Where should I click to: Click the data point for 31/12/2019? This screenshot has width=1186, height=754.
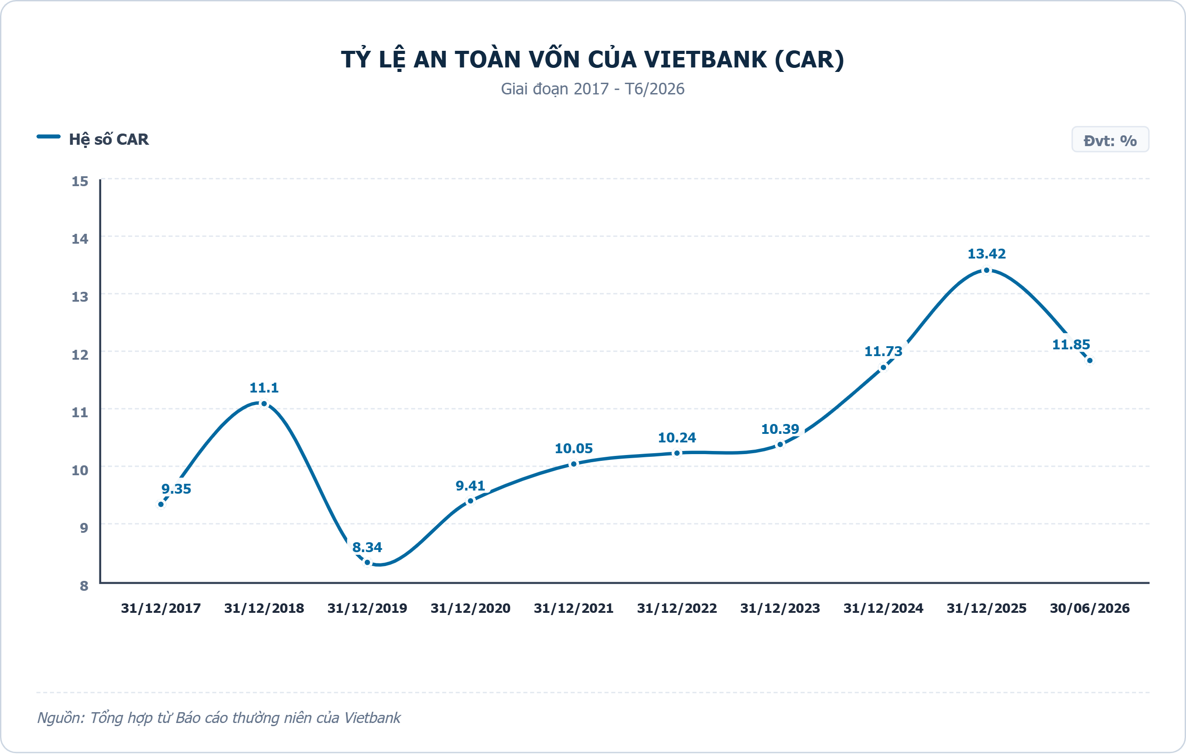[x=367, y=562]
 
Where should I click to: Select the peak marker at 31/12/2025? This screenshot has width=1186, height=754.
[x=986, y=270]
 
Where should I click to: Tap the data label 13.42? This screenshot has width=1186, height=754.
[x=986, y=254]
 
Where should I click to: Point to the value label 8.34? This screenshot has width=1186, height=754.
[x=367, y=547]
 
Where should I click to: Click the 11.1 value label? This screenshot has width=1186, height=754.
[x=264, y=388]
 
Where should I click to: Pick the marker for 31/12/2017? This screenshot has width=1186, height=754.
[x=161, y=504]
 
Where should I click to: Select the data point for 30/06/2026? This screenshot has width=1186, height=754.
[x=1089, y=361]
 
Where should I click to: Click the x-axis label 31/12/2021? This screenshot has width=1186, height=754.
[x=574, y=608]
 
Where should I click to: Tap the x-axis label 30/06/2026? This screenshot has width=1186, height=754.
[x=1089, y=608]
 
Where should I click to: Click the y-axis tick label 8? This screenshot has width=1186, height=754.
[x=84, y=585]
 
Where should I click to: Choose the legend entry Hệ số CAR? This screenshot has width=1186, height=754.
[x=93, y=139]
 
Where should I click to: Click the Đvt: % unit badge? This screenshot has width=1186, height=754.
[x=1110, y=140]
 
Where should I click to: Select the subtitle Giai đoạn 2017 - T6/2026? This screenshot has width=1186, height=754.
[x=592, y=89]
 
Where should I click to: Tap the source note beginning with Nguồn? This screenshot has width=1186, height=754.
[x=219, y=718]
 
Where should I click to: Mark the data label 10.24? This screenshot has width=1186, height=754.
[x=677, y=437]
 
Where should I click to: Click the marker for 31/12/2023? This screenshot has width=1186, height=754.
[x=780, y=445]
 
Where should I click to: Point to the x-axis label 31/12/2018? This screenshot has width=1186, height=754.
[x=264, y=608]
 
